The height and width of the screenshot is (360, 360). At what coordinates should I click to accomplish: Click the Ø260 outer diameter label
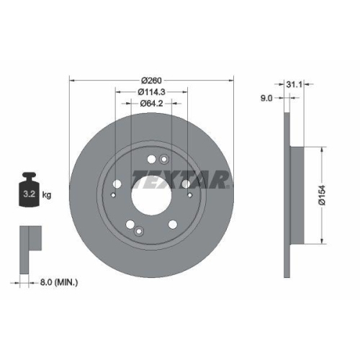(151, 79)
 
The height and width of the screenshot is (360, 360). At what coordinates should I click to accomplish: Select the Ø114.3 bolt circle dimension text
(151, 91)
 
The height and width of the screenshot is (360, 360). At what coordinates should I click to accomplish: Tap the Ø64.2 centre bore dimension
(151, 104)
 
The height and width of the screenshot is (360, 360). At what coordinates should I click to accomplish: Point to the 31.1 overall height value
(293, 86)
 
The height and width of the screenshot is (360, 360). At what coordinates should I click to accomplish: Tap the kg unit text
(46, 195)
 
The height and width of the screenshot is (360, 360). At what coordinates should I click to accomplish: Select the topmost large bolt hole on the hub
(152, 160)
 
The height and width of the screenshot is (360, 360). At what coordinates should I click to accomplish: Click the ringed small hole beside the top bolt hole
(164, 159)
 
